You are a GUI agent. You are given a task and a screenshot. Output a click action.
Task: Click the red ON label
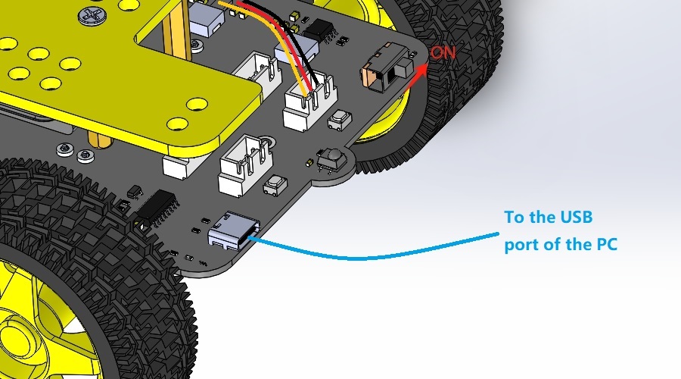point(443,52)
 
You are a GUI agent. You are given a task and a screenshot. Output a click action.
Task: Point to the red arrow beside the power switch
point(415,76)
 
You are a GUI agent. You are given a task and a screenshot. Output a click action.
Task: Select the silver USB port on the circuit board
point(234,230)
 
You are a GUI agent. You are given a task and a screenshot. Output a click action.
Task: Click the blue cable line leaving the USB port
point(369,257)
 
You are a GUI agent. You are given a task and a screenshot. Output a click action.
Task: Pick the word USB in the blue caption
point(576,217)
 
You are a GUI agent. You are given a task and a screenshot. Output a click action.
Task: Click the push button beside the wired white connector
point(340,120)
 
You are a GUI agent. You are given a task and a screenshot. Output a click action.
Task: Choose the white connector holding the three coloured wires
point(309,101)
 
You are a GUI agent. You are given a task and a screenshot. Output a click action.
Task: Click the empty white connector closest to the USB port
point(246,165)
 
